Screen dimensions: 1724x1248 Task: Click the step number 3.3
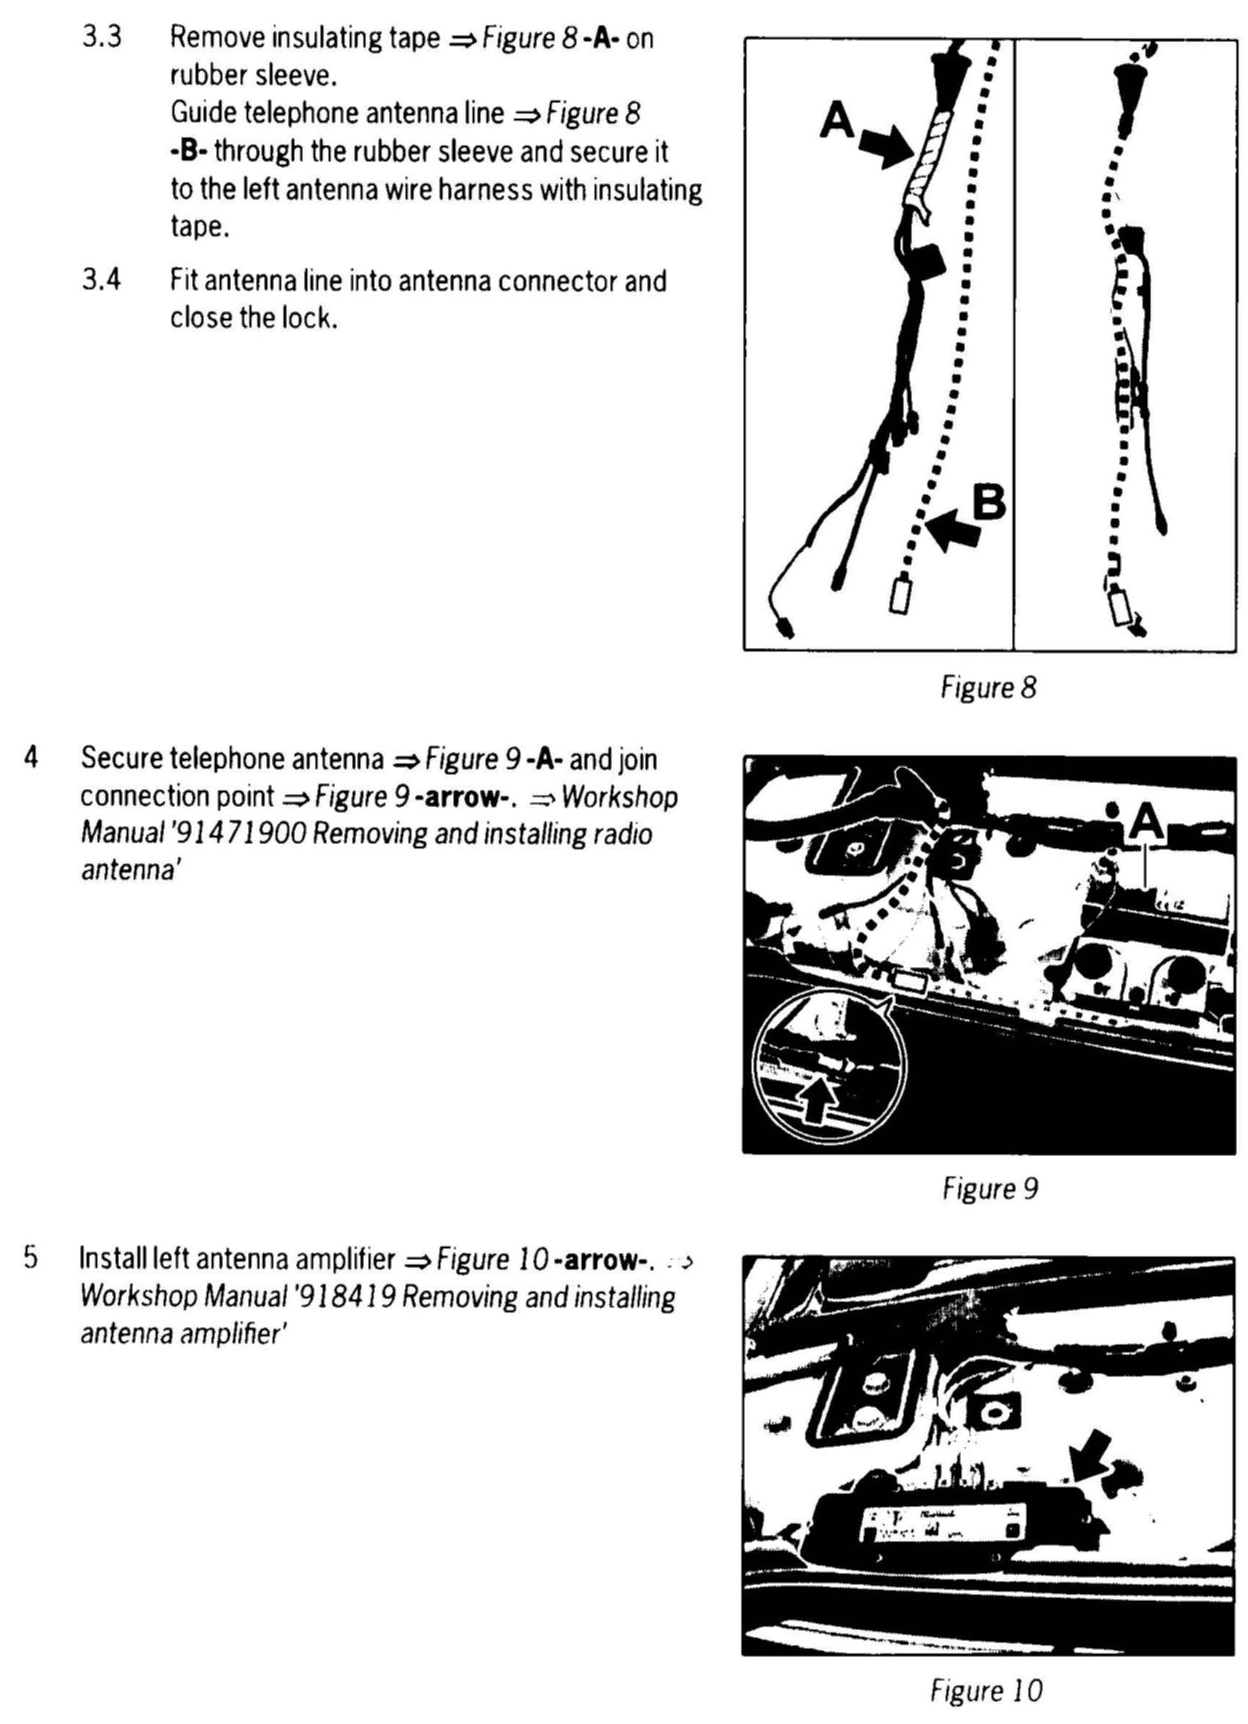[x=102, y=37]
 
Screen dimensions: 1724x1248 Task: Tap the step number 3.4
[x=102, y=281]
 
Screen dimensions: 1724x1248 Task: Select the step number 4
[x=31, y=758]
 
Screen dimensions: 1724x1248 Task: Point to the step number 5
[x=30, y=1258]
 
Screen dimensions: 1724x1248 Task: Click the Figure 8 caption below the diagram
[x=988, y=688]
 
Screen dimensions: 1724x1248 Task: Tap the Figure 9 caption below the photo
[x=989, y=1188]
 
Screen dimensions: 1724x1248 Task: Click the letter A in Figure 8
[x=837, y=120]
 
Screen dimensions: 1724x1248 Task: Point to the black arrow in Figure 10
[x=1091, y=1453]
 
